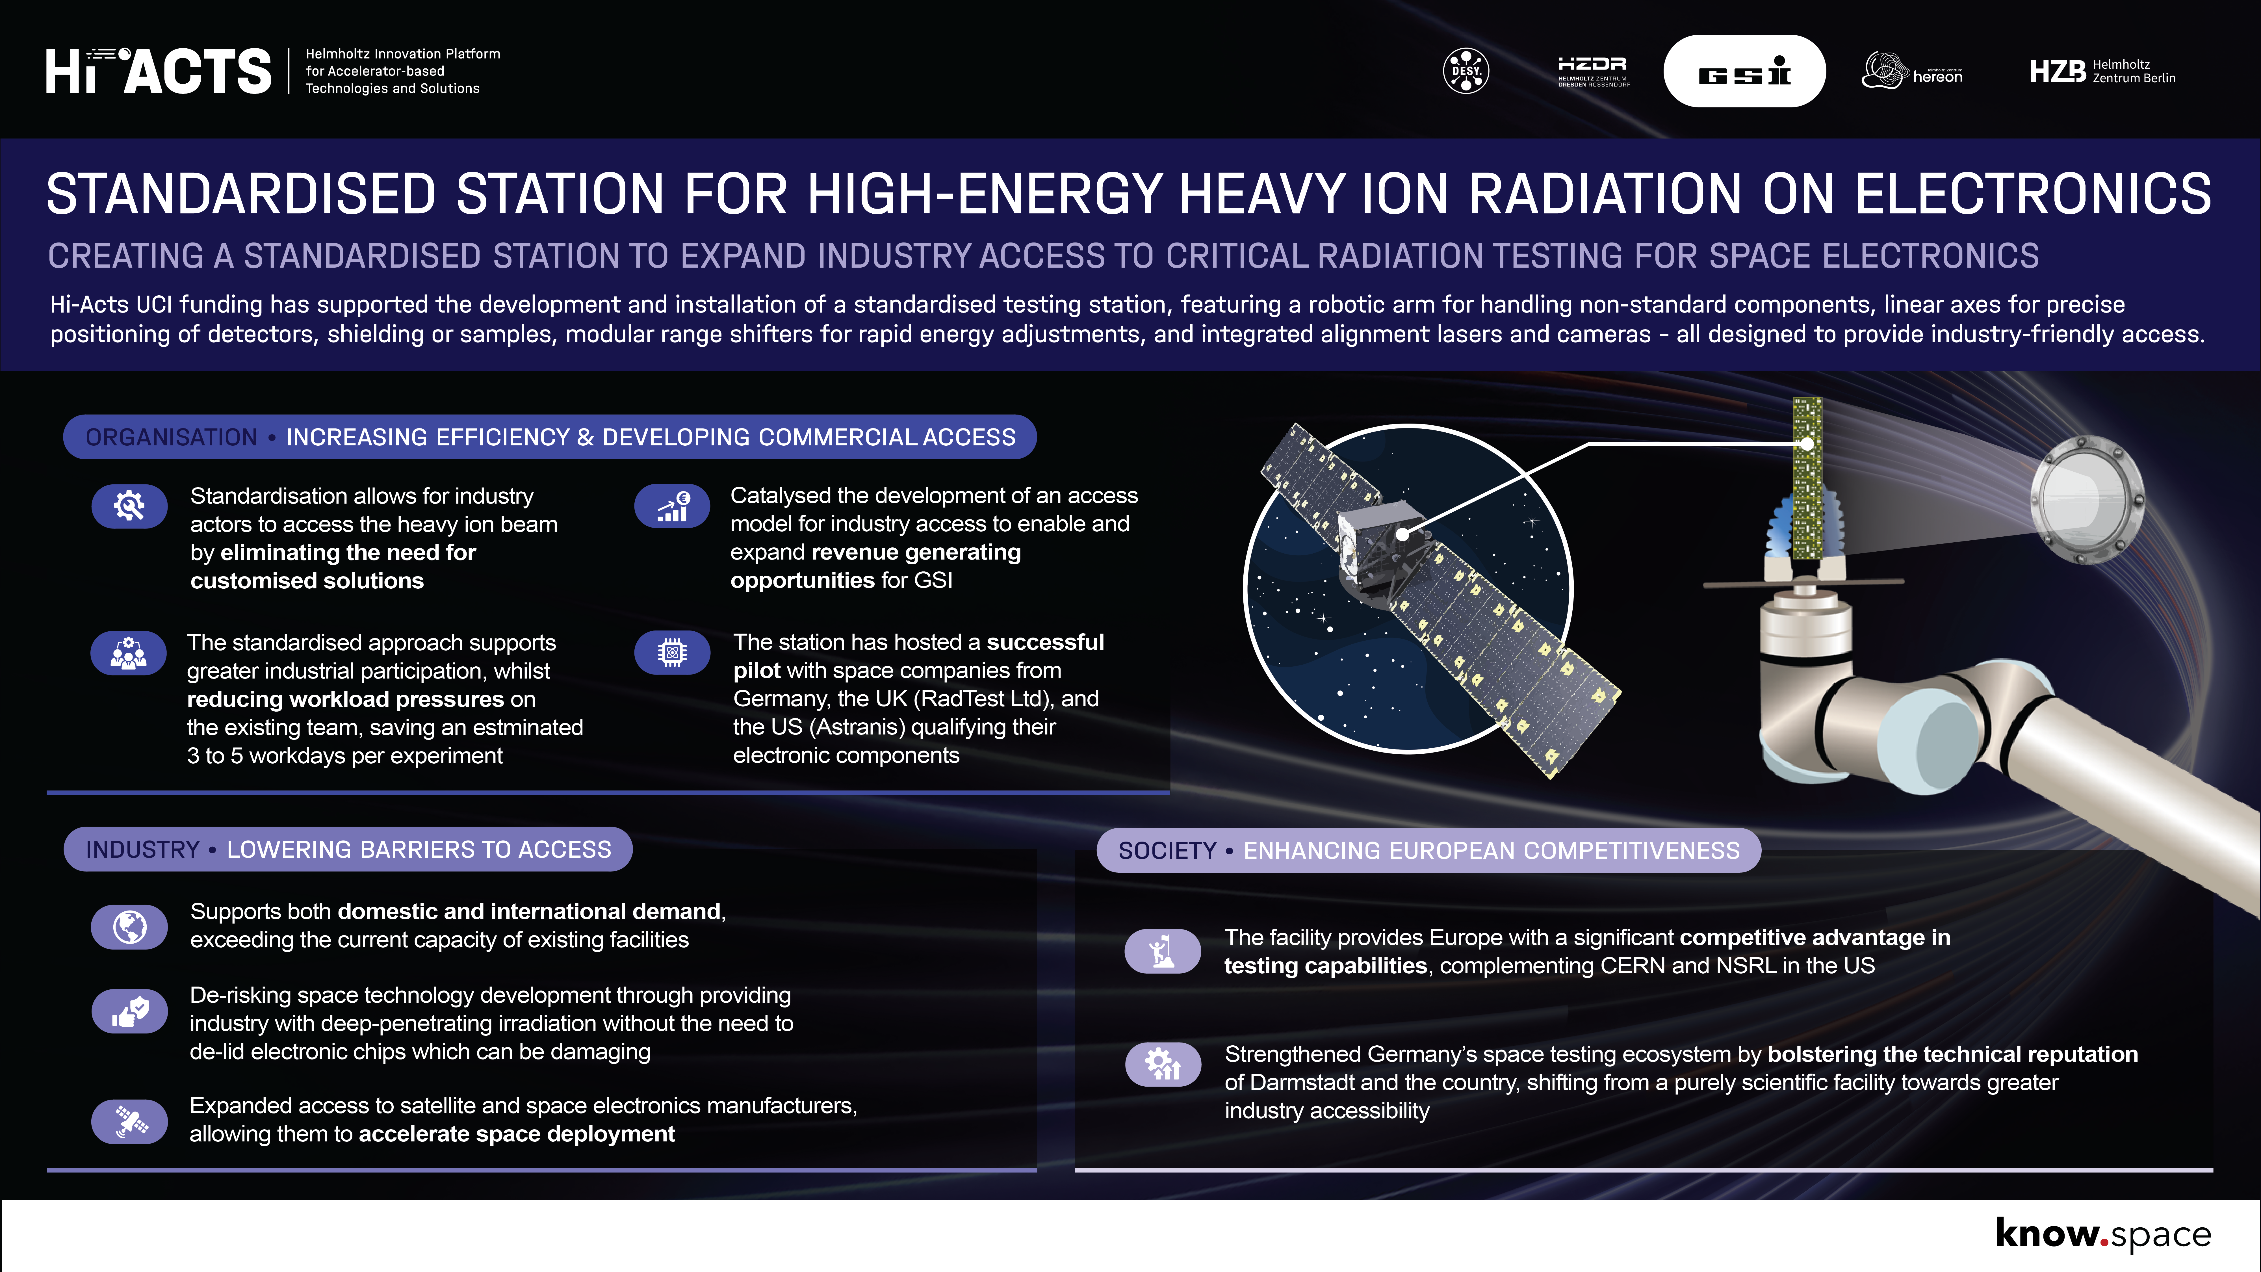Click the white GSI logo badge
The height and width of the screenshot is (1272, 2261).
(x=1744, y=71)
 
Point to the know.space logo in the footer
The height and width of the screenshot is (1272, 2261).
(x=2103, y=1234)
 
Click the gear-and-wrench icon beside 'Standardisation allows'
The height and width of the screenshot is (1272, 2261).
(x=129, y=506)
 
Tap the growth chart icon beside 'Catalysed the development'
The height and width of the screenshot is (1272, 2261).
(x=672, y=506)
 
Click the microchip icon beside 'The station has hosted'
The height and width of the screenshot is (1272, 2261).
(x=672, y=652)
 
